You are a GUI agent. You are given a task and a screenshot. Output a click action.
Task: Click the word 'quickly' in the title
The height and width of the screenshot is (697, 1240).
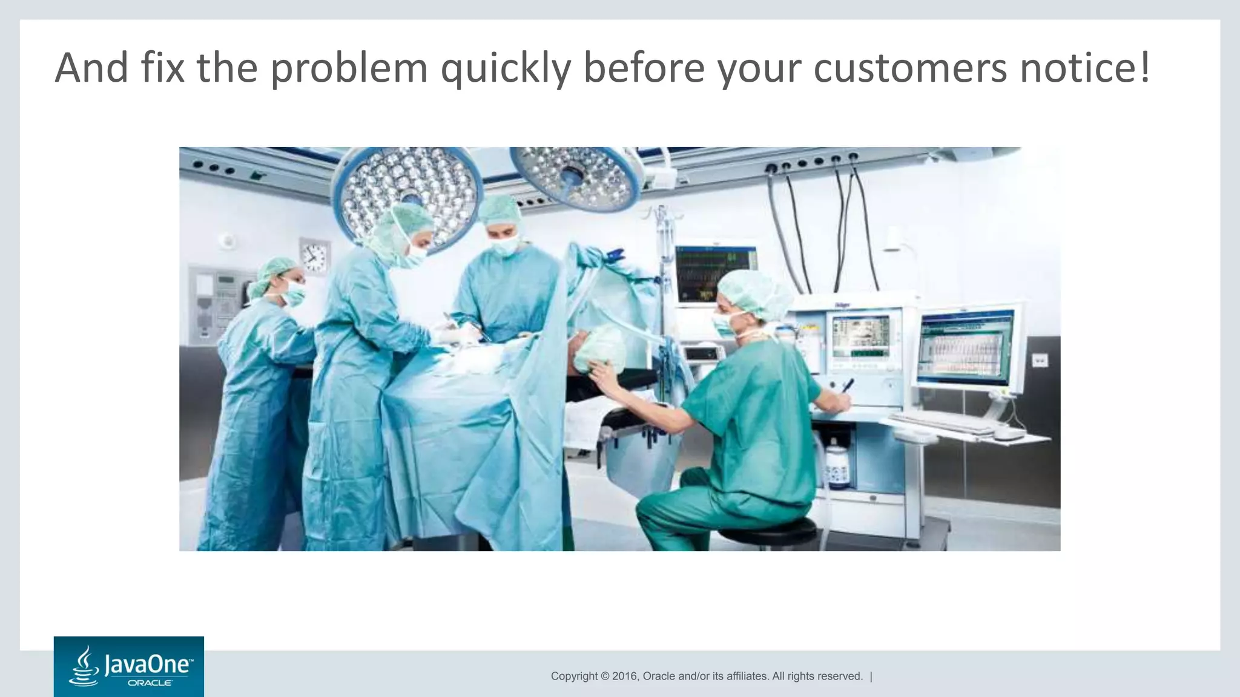click(x=506, y=68)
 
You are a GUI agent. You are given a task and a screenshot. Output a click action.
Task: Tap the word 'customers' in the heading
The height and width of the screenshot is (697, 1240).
click(x=910, y=68)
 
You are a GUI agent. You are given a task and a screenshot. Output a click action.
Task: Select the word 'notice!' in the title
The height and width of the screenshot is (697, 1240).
click(x=1084, y=68)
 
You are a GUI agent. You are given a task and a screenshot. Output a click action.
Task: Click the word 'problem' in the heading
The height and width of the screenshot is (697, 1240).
click(x=349, y=68)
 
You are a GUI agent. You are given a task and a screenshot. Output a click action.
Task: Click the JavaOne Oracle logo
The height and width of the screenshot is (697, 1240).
click(x=128, y=666)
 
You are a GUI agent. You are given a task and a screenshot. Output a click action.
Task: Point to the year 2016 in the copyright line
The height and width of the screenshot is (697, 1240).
click(x=625, y=676)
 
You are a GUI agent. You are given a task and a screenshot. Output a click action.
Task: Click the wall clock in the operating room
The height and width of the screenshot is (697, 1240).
click(x=315, y=256)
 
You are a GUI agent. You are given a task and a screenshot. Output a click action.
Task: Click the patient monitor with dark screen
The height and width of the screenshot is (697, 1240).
click(x=715, y=275)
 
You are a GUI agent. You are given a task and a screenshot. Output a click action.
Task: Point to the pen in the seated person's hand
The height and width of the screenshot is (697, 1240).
click(x=848, y=385)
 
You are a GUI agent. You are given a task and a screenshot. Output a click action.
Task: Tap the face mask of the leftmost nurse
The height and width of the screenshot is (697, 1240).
click(x=295, y=295)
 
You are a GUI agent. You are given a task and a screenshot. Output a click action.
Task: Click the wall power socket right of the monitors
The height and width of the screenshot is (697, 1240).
click(x=1039, y=361)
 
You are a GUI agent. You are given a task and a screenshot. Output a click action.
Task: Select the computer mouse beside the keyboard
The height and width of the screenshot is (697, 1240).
click(x=1009, y=434)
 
